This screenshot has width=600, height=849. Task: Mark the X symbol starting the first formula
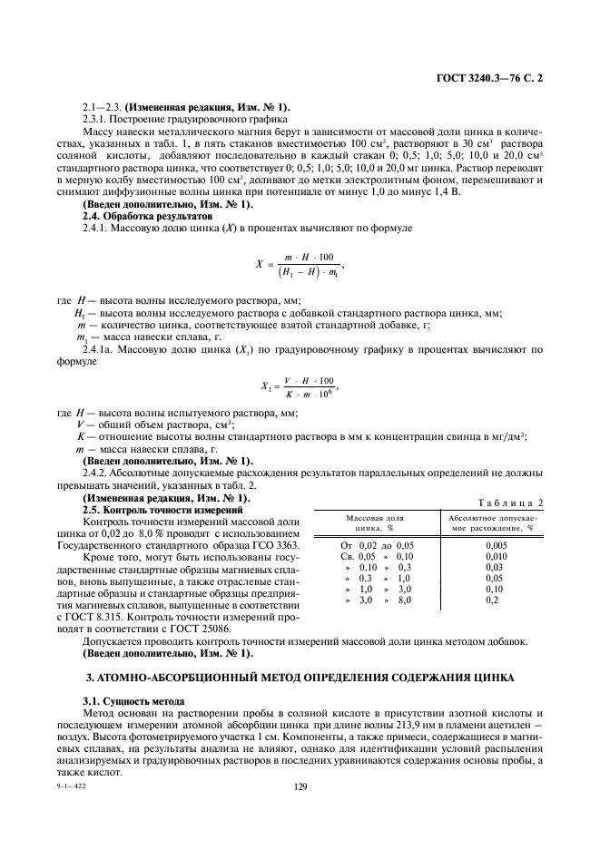[x=258, y=265]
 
